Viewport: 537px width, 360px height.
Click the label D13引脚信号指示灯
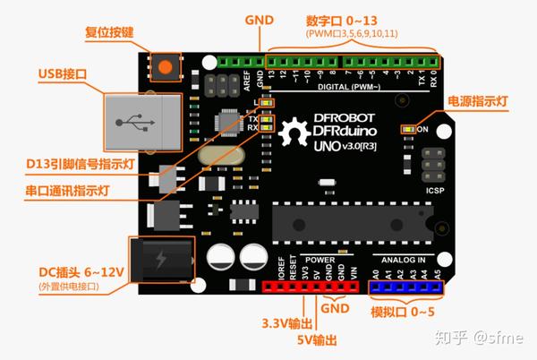point(78,165)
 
